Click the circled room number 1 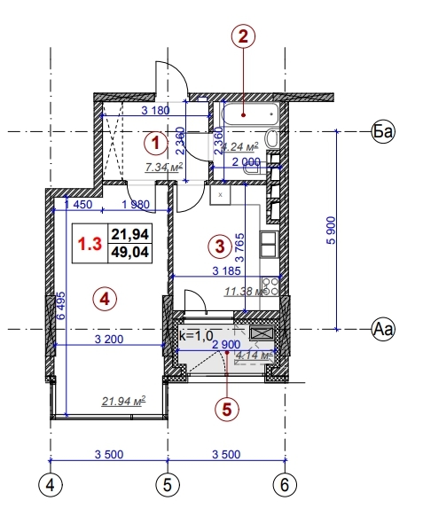pos(155,142)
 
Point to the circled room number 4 pos(105,299)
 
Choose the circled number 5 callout pos(228,409)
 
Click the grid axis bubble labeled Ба pos(382,132)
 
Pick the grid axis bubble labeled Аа pos(382,329)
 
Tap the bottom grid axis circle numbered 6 pos(285,485)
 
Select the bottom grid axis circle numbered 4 pos(51,485)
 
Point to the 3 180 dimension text pos(155,112)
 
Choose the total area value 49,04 pos(129,252)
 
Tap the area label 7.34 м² pos(164,166)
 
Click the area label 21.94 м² pos(123,402)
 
